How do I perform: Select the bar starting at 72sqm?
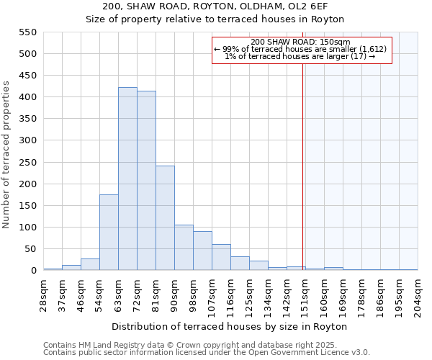pyautogui.click(x=146, y=181)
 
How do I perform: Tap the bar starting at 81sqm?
pyautogui.click(x=165, y=218)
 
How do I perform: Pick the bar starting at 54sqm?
pyautogui.click(x=109, y=233)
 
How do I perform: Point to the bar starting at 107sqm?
pyautogui.click(x=221, y=258)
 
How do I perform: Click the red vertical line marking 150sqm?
pyautogui.click(x=303, y=166)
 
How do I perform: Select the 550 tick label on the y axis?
pyautogui.click(x=27, y=32)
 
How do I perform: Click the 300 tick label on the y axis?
pyautogui.click(x=27, y=140)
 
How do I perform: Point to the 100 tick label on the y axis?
pyautogui.click(x=27, y=228)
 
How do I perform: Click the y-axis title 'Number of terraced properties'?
pyautogui.click(x=7, y=155)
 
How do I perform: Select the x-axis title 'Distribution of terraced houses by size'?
pyautogui.click(x=230, y=326)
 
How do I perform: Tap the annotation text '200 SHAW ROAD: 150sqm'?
pyautogui.click(x=301, y=42)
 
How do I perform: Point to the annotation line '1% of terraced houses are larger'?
pyautogui.click(x=300, y=56)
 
